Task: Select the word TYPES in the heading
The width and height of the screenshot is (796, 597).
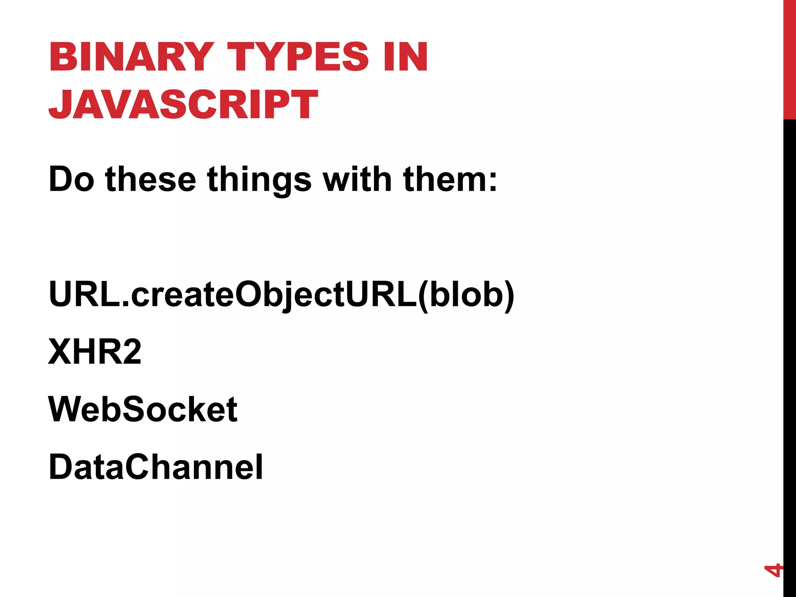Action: [x=298, y=57]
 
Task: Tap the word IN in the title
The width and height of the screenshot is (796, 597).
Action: [x=405, y=57]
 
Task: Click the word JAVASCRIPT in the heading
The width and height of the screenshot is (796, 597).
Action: [x=183, y=104]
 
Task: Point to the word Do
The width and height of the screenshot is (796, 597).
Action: [x=71, y=180]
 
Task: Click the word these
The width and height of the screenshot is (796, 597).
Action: [x=150, y=180]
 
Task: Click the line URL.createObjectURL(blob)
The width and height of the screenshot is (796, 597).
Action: [x=281, y=294]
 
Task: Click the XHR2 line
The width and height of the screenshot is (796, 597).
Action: [x=94, y=352]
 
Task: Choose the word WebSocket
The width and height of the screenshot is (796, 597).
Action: [x=143, y=409]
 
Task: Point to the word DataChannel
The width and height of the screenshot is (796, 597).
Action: [x=155, y=467]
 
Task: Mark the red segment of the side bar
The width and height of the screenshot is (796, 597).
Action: [x=789, y=59]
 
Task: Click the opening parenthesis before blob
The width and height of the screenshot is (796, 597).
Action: [x=423, y=295]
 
